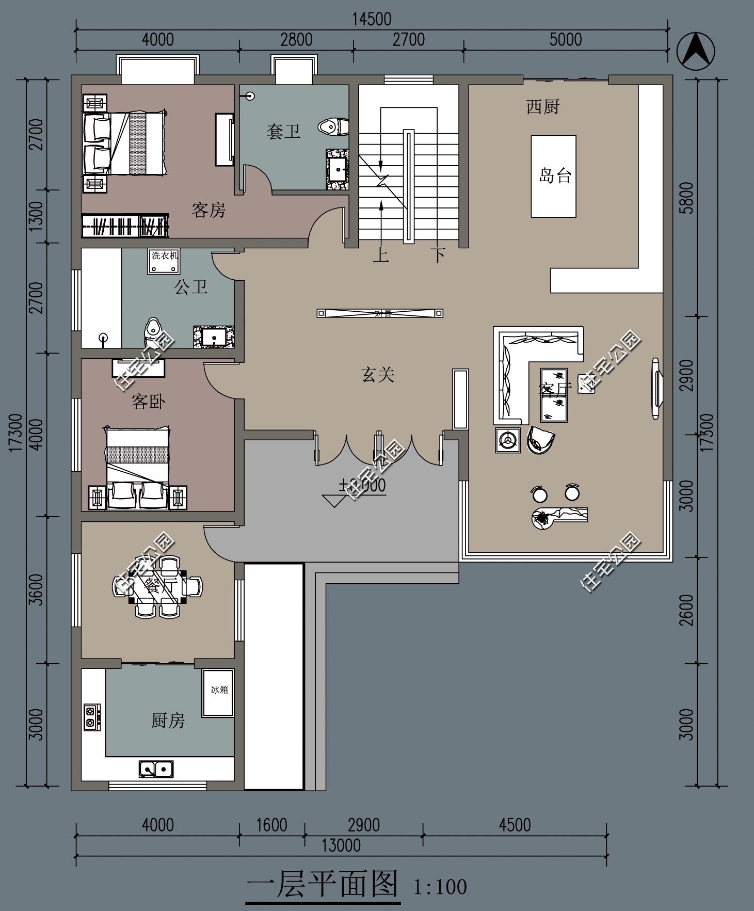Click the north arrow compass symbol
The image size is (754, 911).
695,51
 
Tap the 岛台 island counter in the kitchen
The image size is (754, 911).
554,176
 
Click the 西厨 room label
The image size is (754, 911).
542,107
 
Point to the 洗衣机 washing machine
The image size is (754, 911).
164,261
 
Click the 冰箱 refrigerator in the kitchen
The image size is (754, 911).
218,692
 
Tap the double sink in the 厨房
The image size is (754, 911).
156,769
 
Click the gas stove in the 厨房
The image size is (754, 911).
92,717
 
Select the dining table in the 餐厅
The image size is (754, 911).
156,587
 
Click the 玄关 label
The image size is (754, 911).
378,374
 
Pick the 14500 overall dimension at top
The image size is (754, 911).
372,20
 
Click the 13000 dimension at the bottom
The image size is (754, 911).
341,845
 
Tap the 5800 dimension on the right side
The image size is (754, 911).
687,198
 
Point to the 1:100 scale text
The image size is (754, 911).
440,887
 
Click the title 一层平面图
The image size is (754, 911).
323,884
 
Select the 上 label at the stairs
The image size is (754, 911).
381,254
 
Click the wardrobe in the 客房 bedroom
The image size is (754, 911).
125,226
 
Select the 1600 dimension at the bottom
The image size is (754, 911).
271,825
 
